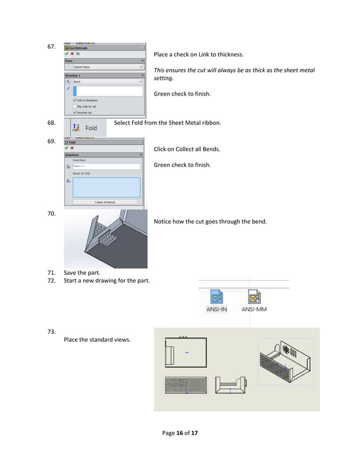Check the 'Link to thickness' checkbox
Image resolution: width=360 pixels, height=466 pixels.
pos(75,100)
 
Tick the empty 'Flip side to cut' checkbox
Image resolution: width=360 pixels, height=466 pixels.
pos(75,106)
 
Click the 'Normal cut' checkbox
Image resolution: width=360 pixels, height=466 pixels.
pos(75,112)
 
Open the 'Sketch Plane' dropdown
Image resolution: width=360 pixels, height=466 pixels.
pos(104,67)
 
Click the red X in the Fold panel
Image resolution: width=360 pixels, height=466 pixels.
pos(73,148)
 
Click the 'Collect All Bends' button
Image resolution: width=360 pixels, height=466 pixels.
pos(105,202)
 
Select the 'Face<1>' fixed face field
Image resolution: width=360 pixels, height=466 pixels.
pos(106,166)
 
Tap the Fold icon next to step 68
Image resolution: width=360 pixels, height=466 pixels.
pos(76,128)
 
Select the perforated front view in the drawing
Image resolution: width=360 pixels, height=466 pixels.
pos(185,385)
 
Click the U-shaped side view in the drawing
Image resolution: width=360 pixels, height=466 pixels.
pos(231,385)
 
